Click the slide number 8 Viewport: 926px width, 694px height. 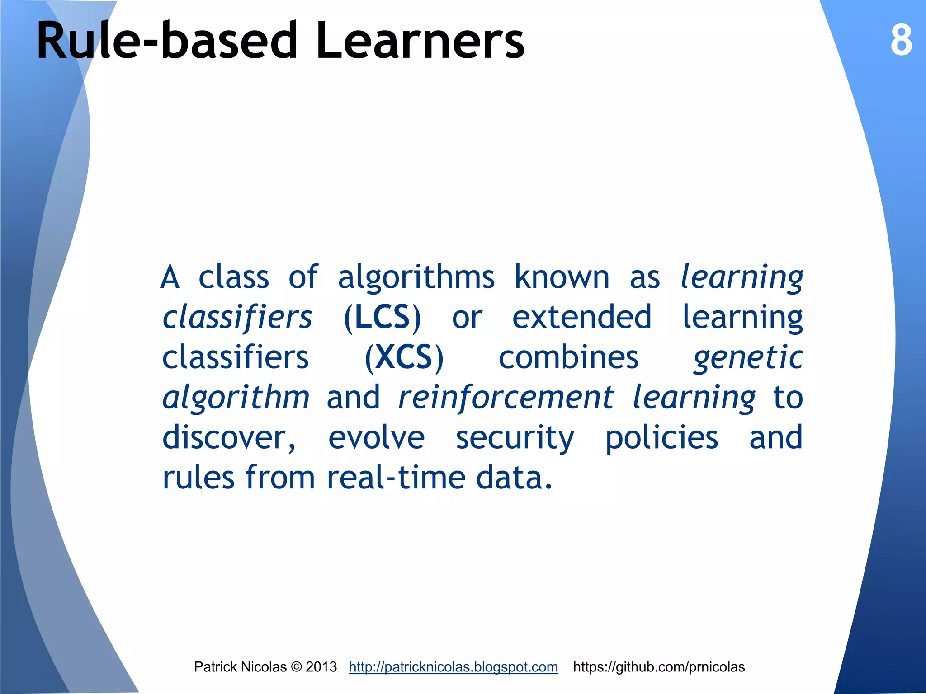click(901, 41)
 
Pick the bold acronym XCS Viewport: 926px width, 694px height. click(404, 357)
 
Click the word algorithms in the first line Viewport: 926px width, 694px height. click(416, 277)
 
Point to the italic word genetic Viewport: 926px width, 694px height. click(748, 358)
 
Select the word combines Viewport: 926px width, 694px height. click(568, 357)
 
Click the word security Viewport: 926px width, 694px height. click(515, 438)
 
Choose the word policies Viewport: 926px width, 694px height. click(661, 438)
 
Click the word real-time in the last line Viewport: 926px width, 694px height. click(396, 478)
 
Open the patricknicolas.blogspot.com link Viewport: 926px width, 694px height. click(453, 667)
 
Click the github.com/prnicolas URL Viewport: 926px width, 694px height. click(658, 667)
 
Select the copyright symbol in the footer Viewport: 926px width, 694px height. click(296, 667)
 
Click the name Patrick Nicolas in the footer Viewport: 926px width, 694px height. click(240, 667)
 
